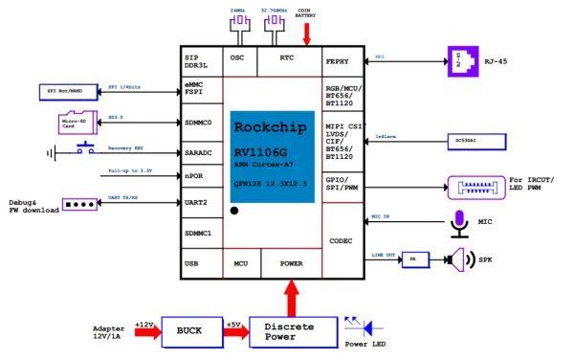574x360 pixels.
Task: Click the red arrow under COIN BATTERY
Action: pyautogui.click(x=307, y=34)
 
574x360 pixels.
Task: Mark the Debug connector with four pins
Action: pyautogui.click(x=81, y=204)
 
